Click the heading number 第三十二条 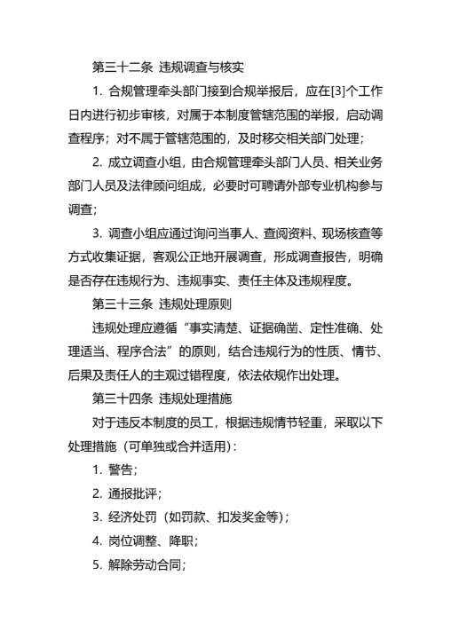tap(122, 67)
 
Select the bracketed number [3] tap(329, 91)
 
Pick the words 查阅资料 tap(280, 234)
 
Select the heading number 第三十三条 tap(122, 306)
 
